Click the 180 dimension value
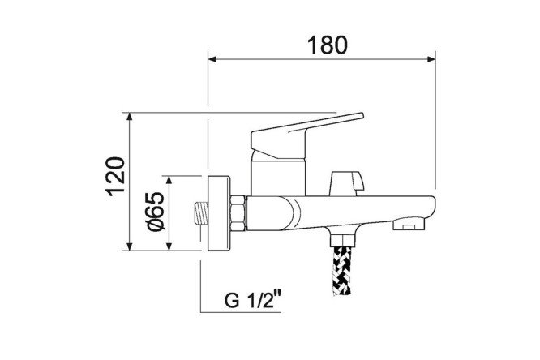pos(328,45)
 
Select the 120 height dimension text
pos(115,177)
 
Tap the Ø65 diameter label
pos(156,211)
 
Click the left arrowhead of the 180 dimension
pos(212,59)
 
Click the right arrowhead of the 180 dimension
pos(431,59)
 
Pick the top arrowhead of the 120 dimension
pos(130,116)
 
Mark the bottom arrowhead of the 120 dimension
pos(130,246)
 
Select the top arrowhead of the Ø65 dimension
pos(169,179)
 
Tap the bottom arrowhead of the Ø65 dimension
pos(169,246)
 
